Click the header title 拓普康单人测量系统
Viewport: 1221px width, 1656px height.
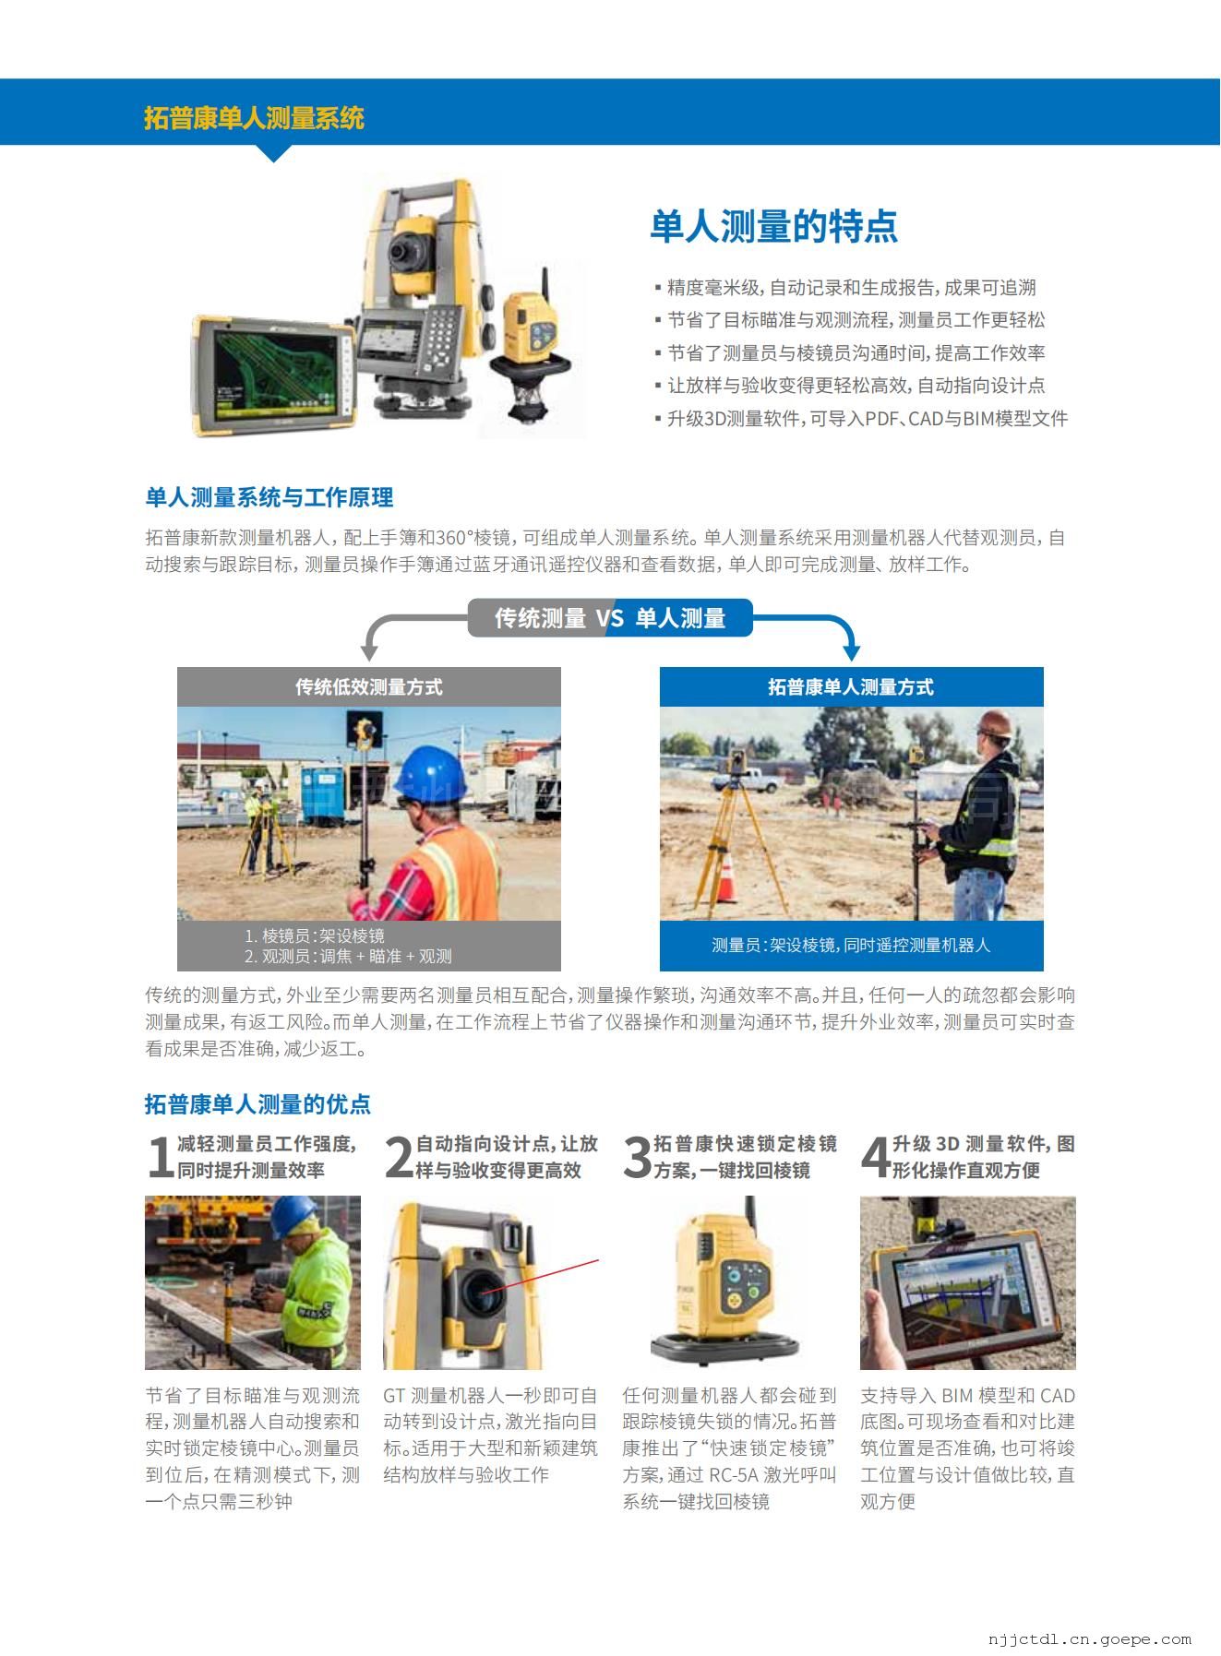coord(254,118)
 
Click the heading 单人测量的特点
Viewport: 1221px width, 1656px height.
coord(773,226)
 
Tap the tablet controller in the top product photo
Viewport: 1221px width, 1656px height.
coord(272,374)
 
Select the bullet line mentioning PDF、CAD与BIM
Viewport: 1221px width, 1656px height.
coord(861,419)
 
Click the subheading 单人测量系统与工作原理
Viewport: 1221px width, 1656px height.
coord(269,498)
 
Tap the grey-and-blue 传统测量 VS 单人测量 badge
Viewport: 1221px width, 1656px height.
coord(610,618)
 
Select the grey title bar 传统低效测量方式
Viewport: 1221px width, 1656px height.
coord(369,686)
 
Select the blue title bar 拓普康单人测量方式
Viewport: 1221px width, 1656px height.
coord(851,686)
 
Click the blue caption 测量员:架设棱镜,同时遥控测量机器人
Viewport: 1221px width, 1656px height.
coord(851,946)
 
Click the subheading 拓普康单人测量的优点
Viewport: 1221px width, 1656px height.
coord(257,1104)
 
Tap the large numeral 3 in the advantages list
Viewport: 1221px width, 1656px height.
coord(637,1157)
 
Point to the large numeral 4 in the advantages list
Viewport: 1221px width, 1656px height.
coord(875,1157)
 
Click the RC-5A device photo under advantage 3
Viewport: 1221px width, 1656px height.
coord(729,1282)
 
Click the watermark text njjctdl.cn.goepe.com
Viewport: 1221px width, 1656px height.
coord(1090,1638)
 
